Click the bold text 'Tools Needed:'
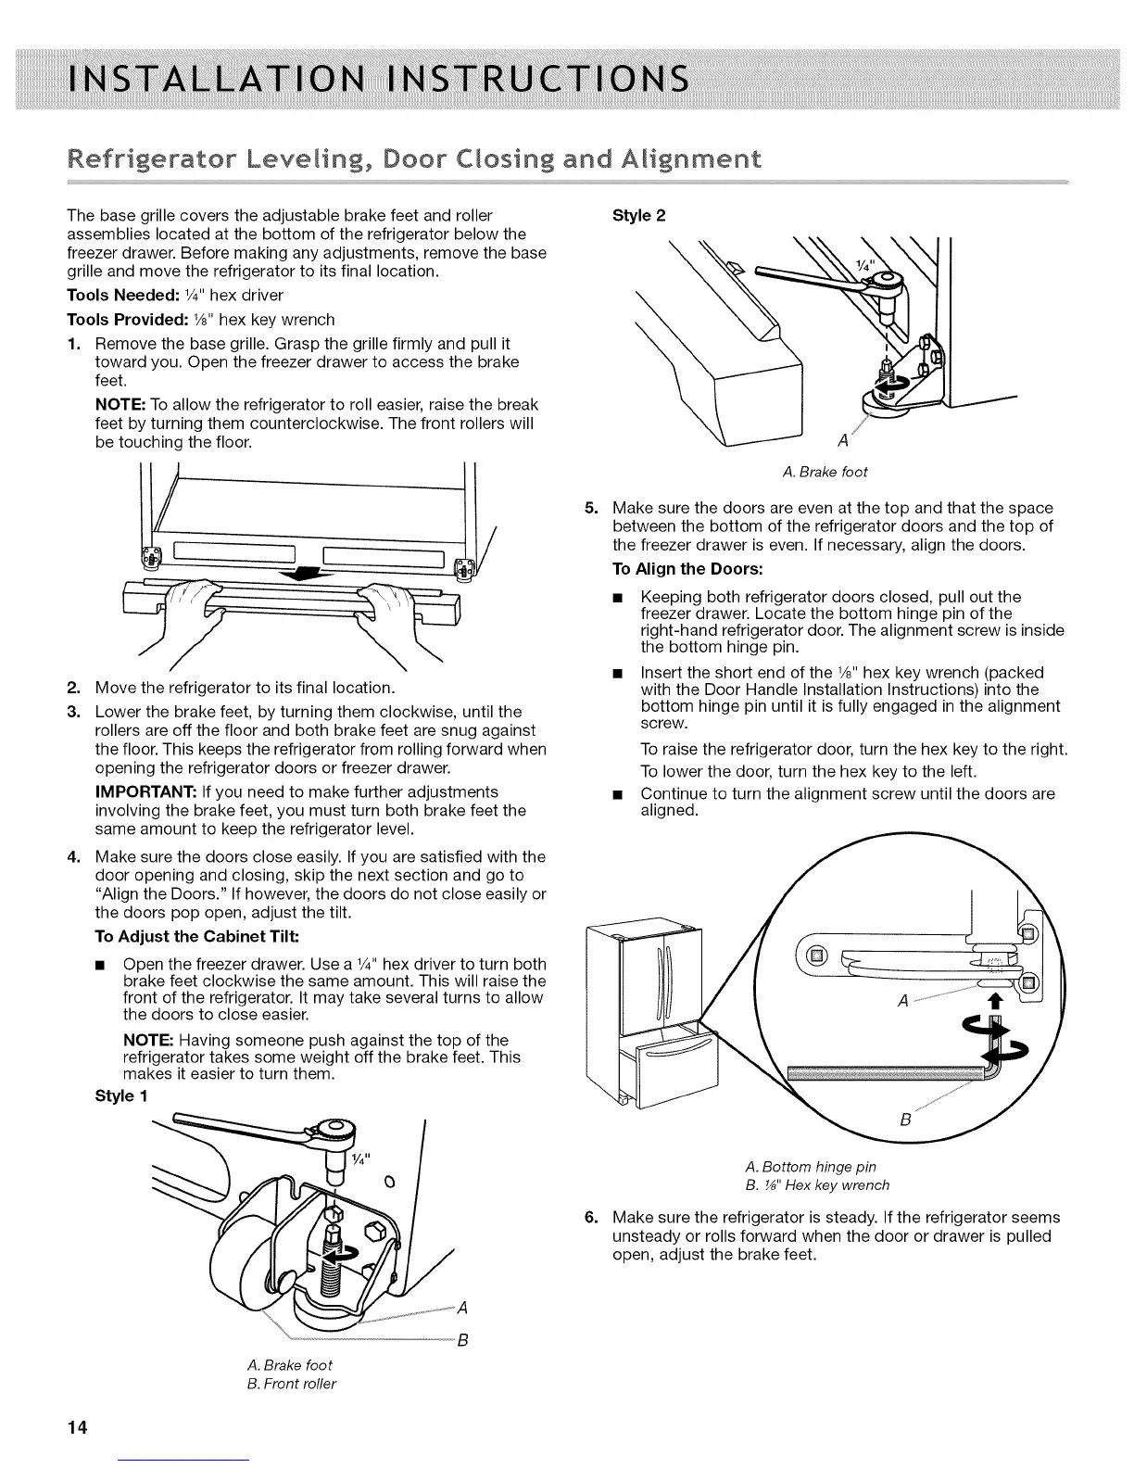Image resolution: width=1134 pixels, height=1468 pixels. [117, 296]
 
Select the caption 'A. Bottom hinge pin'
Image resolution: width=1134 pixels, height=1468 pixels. [811, 1166]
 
